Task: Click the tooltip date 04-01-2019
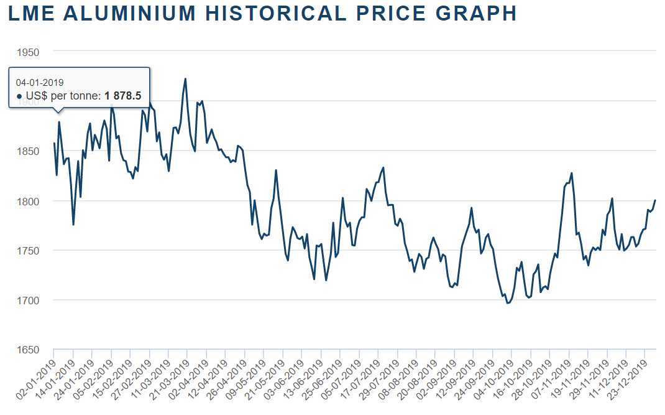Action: [40, 82]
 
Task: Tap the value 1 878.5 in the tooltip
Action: [123, 96]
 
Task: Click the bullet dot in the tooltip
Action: [19, 96]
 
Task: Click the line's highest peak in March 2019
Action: [185, 79]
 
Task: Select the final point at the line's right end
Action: [655, 200]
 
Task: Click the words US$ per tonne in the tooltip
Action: [63, 96]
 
